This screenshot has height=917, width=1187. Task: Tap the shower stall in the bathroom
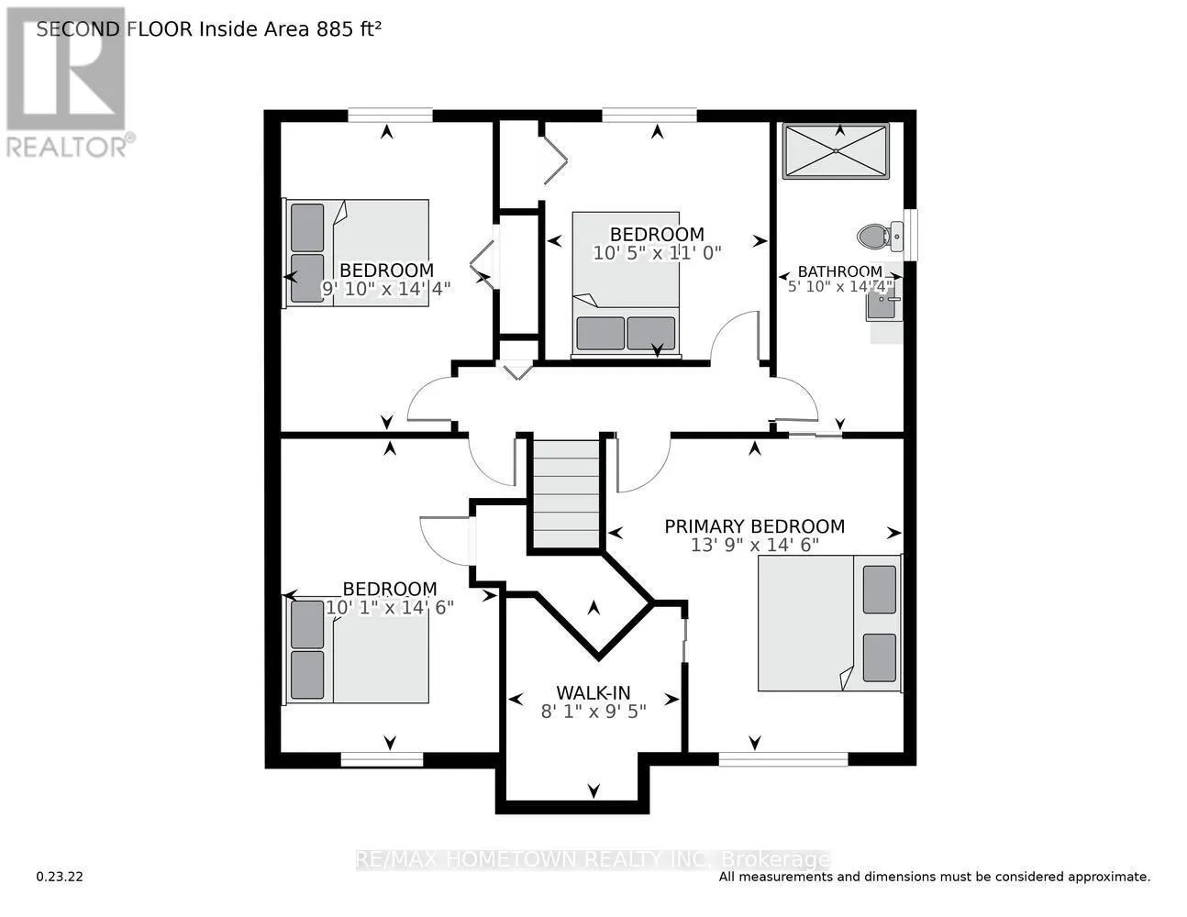coord(836,151)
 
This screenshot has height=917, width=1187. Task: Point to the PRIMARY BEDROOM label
coord(754,526)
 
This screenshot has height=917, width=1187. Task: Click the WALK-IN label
coord(593,693)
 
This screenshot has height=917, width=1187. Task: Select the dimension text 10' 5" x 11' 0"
coord(657,252)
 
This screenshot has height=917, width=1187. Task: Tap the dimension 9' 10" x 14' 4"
coord(385,288)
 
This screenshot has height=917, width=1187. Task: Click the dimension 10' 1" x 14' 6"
coord(390,607)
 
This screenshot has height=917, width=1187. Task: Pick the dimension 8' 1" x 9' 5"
coord(593,711)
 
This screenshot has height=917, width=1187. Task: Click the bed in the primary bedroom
coord(828,623)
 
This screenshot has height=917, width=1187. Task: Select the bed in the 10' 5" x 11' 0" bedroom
coord(627,282)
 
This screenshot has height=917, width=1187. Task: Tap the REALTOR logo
coord(67,83)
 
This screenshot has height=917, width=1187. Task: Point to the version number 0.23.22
coord(60,877)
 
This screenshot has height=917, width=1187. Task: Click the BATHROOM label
coord(839,271)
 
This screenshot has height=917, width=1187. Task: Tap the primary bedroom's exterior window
coord(782,758)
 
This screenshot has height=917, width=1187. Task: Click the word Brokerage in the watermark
coord(776,860)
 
